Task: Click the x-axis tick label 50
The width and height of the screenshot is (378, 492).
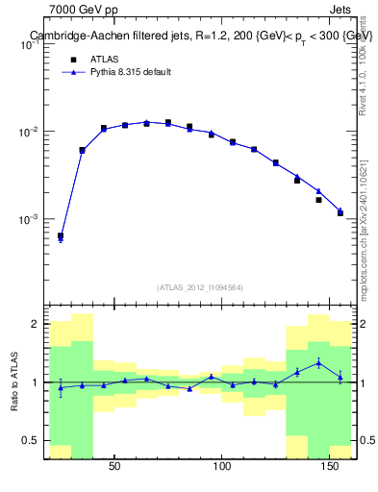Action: coord(114,467)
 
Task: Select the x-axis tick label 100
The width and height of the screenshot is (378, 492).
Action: coord(222,467)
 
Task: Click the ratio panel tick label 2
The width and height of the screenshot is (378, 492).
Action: coord(36,324)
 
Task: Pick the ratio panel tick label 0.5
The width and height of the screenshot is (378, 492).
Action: coord(32,441)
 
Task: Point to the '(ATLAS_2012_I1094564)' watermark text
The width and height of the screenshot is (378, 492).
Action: coord(200,287)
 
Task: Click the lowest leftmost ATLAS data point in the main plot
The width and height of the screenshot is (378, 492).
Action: coord(61,235)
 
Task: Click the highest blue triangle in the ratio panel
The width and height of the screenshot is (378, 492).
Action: coord(318,362)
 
